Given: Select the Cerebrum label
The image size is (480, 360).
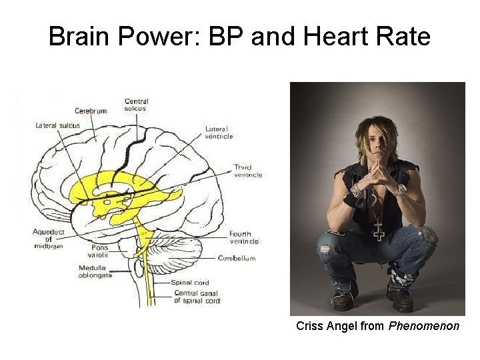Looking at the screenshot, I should [91, 111].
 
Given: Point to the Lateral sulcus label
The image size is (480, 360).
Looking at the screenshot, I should [57, 125].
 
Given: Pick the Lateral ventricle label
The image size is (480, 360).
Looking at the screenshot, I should [219, 132].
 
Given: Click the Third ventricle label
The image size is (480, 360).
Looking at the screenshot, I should [247, 171].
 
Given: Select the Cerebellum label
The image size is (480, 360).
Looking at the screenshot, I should [237, 258].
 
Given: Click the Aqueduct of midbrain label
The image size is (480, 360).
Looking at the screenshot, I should [50, 239].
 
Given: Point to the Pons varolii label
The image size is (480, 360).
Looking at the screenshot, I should [99, 251].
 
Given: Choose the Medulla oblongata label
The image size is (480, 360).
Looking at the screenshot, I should [95, 272].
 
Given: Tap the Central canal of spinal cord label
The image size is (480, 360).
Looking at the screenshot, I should [196, 297].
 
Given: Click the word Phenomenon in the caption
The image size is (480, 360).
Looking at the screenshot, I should [424, 327].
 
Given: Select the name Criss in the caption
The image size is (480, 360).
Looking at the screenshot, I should [309, 327].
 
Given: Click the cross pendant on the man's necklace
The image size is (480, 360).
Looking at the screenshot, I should [378, 232].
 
